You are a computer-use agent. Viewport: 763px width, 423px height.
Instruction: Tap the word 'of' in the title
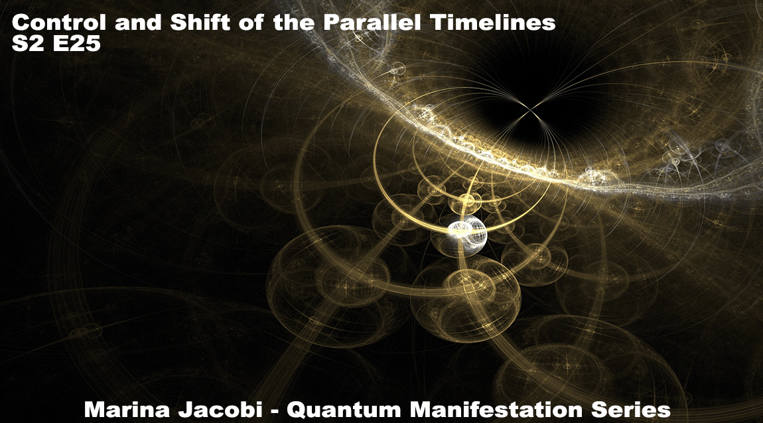coord(251,23)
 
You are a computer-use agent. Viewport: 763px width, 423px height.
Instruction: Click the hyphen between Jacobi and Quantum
coord(275,411)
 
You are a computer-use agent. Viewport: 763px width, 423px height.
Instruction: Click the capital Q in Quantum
coord(296,410)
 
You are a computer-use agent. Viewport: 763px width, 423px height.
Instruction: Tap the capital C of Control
coord(21,23)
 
